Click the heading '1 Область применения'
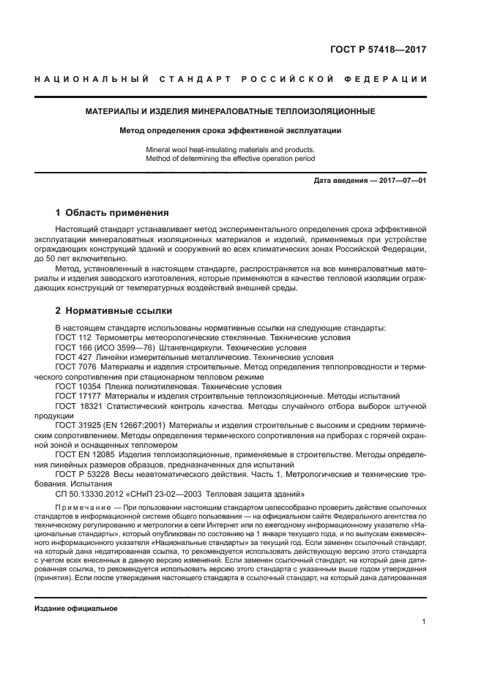pyautogui.click(x=112, y=213)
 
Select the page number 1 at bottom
pyautogui.click(x=424, y=622)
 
